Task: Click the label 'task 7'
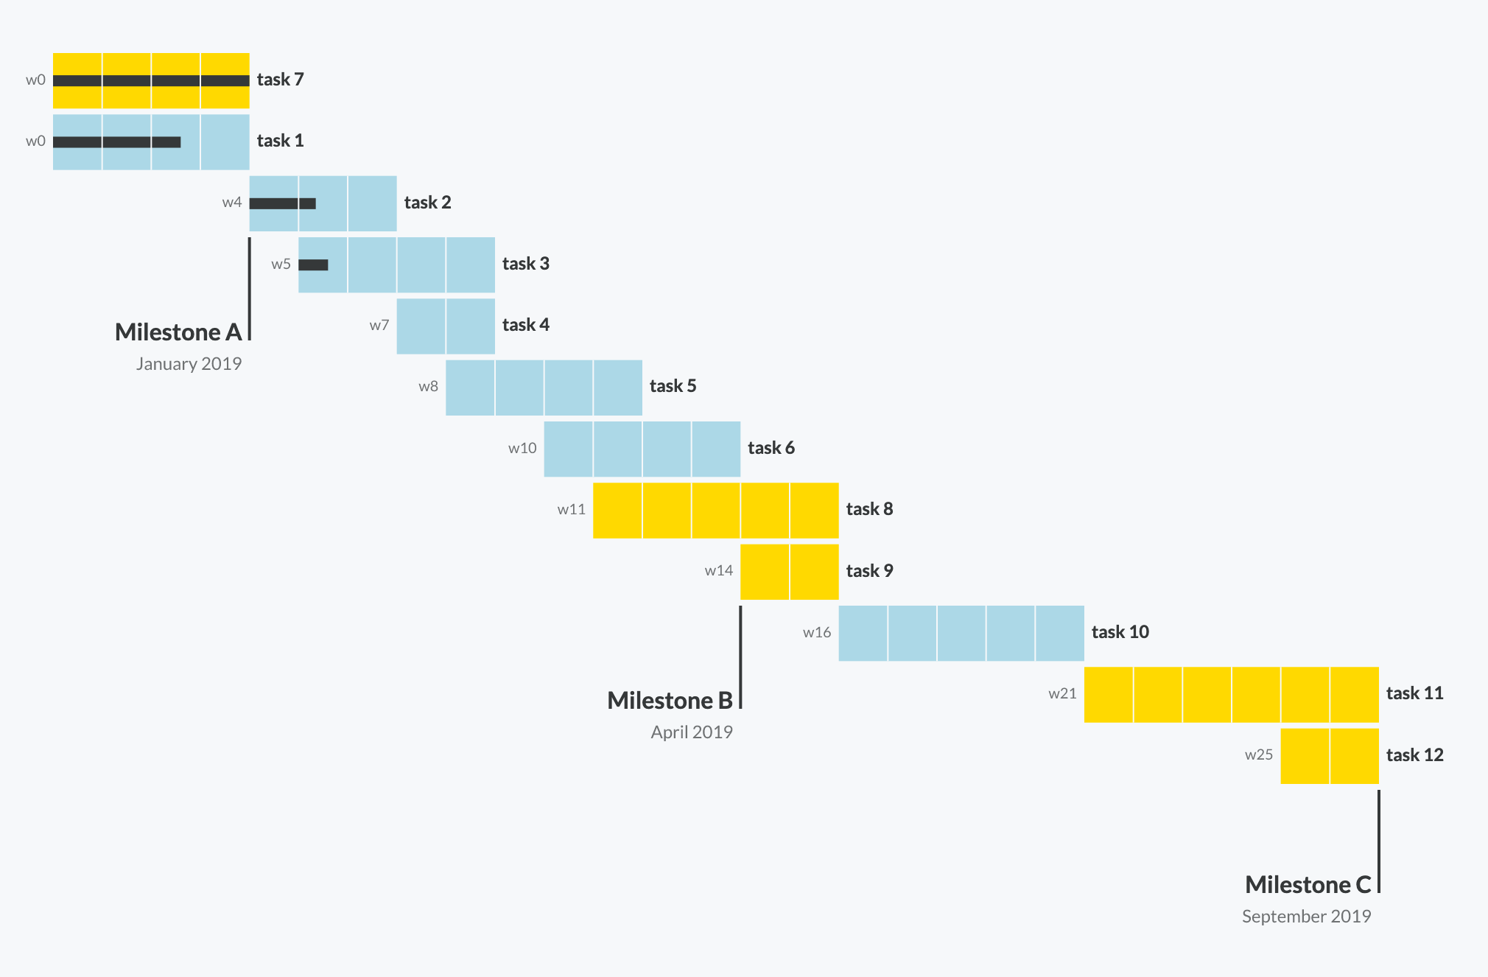(280, 80)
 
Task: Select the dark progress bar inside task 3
(313, 265)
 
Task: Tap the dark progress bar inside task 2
(282, 203)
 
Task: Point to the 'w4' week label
(232, 203)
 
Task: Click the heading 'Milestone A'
(178, 332)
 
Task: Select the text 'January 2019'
(189, 364)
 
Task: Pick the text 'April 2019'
(692, 732)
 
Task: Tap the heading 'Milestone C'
(1308, 885)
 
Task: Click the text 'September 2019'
(1306, 917)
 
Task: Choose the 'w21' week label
(1062, 694)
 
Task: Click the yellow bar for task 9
(789, 572)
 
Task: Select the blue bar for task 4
(446, 326)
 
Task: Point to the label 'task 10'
(1120, 632)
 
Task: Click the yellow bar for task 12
(1329, 756)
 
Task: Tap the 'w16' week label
(817, 633)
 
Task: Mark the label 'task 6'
(771, 448)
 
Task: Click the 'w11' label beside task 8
(571, 510)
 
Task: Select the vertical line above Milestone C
(1378, 840)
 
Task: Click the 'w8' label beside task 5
(428, 387)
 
